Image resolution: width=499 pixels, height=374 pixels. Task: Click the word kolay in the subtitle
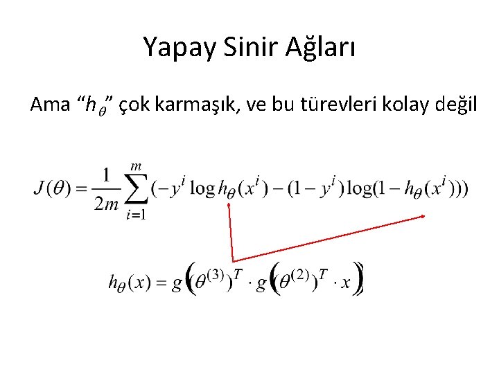405,105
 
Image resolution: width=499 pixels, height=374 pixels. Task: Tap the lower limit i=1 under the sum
136,215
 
